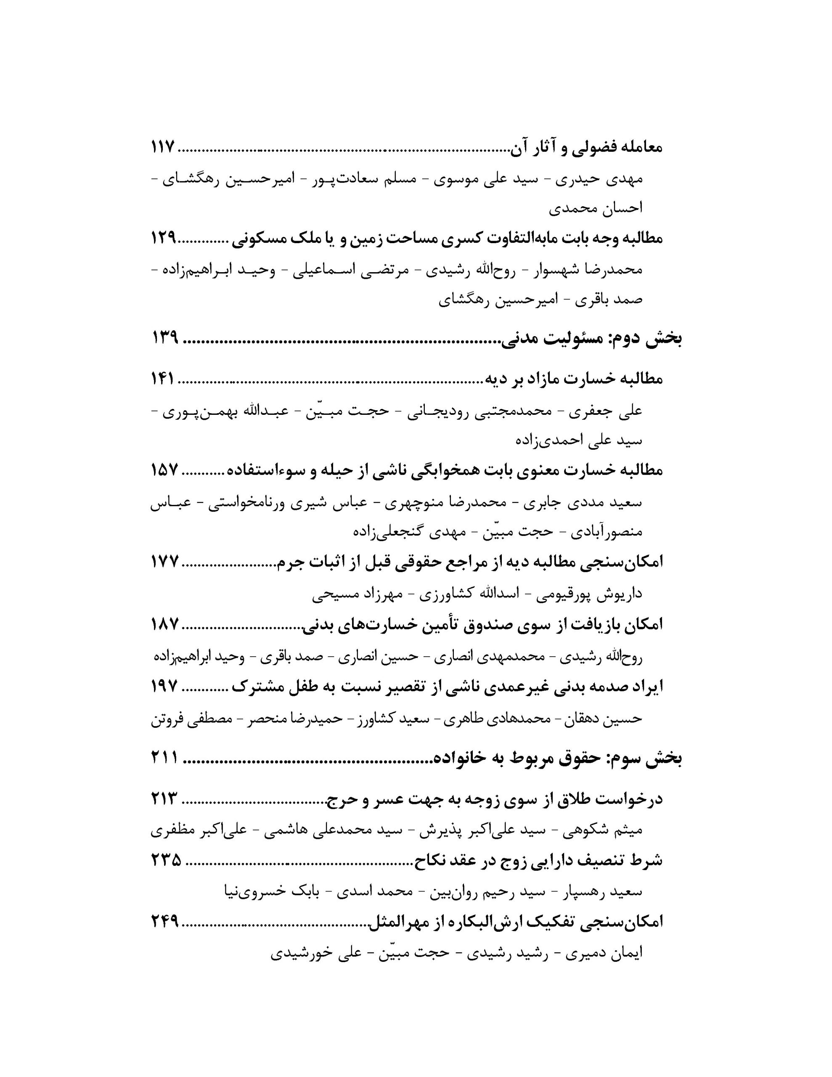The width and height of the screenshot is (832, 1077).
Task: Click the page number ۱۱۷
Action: coord(163,147)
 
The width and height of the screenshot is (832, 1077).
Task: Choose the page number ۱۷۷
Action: coord(164,562)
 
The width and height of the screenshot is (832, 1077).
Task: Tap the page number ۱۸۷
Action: coord(164,625)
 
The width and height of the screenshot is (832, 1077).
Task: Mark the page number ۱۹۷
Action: coord(164,686)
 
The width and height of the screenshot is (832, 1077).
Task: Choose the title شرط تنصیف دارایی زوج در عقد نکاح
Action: coord(538,860)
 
